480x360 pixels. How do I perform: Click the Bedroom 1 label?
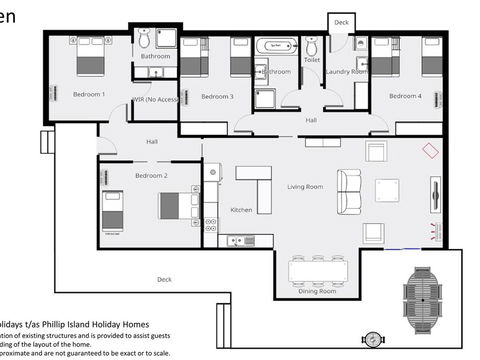89,94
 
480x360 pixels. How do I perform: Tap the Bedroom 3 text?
217,96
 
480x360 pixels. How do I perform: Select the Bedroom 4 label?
404,96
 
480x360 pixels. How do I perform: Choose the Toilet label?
312,60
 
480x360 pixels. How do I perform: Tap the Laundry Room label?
347,72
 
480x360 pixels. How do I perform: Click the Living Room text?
305,186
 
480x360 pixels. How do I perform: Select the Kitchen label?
242,210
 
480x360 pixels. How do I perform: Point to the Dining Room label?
316,291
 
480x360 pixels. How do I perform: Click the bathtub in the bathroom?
275,46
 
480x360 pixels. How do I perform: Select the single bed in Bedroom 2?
112,210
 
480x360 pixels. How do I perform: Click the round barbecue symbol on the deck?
372,339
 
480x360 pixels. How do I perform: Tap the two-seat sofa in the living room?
349,191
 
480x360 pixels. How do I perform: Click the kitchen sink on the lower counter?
237,240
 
